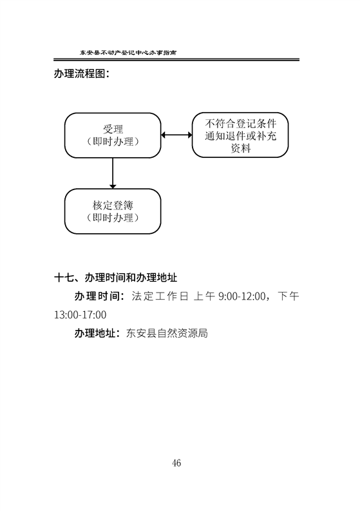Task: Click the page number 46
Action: pyautogui.click(x=176, y=463)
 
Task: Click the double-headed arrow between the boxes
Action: pyautogui.click(x=176, y=135)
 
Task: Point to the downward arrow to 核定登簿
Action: pyautogui.click(x=113, y=173)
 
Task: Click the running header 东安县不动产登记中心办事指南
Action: pyautogui.click(x=128, y=52)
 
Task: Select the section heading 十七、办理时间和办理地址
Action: pyautogui.click(x=116, y=278)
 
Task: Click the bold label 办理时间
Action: pyautogui.click(x=97, y=296)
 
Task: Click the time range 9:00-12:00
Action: pyautogui.click(x=242, y=296)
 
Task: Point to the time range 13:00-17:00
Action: pyautogui.click(x=80, y=315)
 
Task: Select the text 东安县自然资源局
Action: pyautogui.click(x=167, y=333)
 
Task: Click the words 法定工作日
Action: pyautogui.click(x=160, y=296)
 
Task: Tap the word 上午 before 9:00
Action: pyautogui.click(x=204, y=296)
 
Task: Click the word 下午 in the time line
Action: pyautogui.click(x=289, y=296)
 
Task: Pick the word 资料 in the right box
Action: pyautogui.click(x=240, y=148)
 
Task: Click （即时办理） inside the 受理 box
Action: pyautogui.click(x=113, y=141)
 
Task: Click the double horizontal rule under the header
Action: pyautogui.click(x=176, y=60)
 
